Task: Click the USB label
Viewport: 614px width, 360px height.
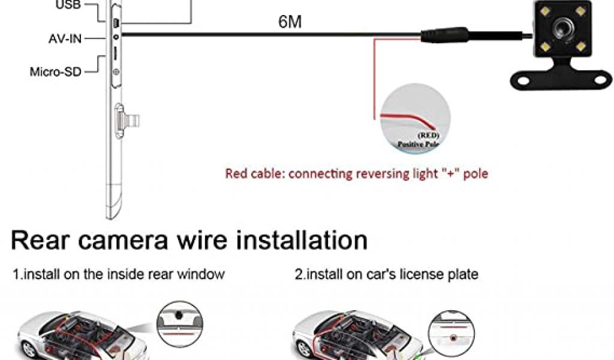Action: [67, 5]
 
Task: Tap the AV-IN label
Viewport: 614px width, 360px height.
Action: [65, 39]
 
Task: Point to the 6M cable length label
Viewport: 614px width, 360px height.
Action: [290, 23]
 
